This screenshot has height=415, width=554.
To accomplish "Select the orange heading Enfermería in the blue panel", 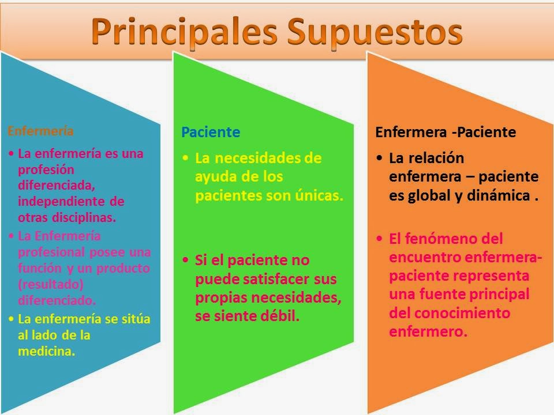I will point(40,131).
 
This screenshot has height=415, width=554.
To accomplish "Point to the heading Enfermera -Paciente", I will point(446,133).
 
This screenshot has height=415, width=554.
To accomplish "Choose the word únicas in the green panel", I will point(320,195).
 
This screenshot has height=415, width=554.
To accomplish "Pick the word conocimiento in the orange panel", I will point(460,314).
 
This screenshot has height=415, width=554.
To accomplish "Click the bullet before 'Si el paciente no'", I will point(185,260).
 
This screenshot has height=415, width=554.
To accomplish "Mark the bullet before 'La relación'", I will point(378,157).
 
